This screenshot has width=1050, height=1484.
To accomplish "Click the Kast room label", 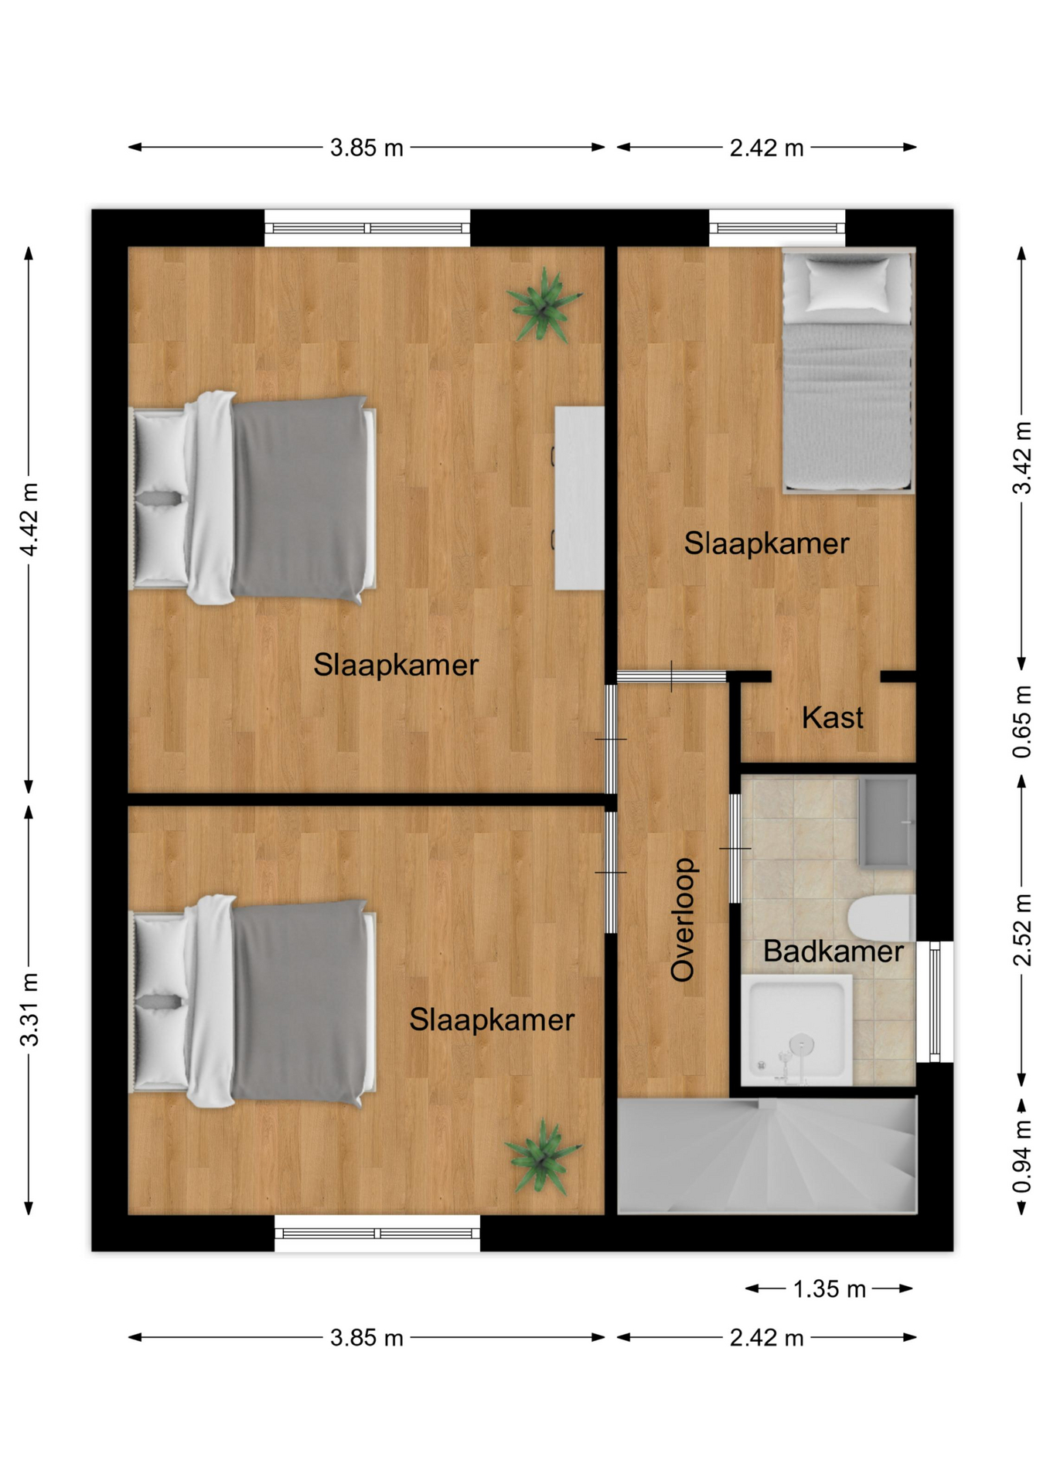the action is coord(832,717).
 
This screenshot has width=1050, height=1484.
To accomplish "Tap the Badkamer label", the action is coord(833,951).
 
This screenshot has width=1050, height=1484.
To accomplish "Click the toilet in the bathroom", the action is coord(881,917).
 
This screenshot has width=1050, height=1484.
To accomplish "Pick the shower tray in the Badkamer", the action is coord(796,1030).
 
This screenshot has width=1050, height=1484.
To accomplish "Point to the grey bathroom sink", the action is coord(887,822).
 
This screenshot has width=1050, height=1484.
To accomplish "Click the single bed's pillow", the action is coord(847,283).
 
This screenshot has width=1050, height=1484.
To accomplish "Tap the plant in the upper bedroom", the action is coord(544,305).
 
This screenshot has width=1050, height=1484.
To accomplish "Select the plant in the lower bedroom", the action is coord(543,1156).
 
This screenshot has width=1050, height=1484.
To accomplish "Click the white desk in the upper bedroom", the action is coord(579,498).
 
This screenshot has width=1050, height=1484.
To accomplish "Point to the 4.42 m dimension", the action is coord(29,519).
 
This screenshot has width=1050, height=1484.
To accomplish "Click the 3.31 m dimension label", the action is coord(29,1009).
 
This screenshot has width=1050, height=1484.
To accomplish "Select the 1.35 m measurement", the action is coord(829,1288).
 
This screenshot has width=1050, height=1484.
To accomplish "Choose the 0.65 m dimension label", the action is coord(1021,722).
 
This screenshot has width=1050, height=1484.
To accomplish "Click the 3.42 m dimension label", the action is coord(1021,458).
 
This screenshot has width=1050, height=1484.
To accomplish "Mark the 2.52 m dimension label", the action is coord(1021,930).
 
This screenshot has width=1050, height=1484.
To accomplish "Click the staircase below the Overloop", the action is coord(767,1156).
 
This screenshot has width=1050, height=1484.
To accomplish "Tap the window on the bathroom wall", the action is coord(935,1002).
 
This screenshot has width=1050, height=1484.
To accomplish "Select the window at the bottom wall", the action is coord(377,1233).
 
